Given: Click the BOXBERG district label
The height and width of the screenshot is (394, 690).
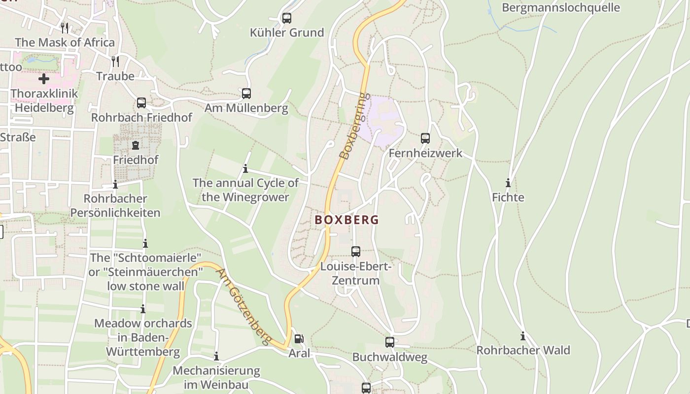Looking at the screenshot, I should pos(347,220).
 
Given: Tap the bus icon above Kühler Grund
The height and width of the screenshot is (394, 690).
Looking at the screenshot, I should pos(286,18).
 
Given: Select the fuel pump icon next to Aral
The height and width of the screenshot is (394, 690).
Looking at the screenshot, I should pos(299,339).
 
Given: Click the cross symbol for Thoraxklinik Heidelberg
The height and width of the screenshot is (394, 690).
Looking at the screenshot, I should pos(44,78).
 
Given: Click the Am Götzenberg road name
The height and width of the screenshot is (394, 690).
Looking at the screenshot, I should pos(244,306).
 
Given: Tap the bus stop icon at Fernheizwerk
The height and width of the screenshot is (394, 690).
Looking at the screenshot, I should pos(425,138).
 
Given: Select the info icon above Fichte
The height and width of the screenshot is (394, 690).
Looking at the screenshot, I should pos(508,183).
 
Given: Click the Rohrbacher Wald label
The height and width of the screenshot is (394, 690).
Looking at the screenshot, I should pos(523,351).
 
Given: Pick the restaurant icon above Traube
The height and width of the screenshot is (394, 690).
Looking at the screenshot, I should pos(115,61).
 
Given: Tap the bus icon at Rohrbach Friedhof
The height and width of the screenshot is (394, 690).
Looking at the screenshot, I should pos(141,103).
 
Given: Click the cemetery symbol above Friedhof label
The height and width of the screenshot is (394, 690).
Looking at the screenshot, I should pos(136,145).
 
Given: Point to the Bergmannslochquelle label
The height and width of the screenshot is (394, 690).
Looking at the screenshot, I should pos(560,7).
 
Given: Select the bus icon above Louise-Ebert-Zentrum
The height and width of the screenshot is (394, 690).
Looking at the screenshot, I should pos(356,252).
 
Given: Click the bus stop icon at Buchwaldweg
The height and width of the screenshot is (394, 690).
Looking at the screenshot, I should pos(390,342).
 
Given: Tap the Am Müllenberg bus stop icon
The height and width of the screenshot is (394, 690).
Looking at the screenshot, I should pos(246,94).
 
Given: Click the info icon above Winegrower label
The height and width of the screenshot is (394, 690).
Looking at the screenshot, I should pos(245,169).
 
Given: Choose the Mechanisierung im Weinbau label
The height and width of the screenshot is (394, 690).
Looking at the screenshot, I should pos(216,377).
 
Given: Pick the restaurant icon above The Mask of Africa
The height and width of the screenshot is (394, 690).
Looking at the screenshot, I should pos(65,28).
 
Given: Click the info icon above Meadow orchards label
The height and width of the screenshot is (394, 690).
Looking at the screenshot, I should pos(143,309).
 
